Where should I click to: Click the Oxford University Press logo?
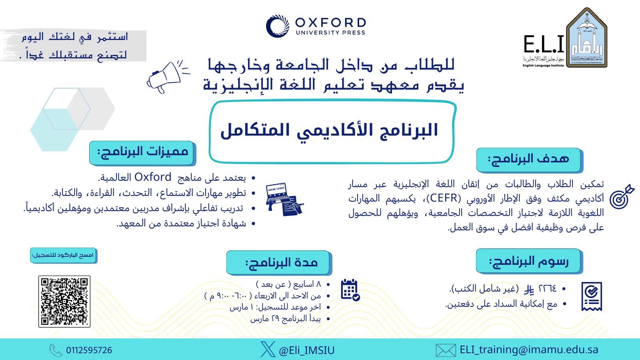click(x=316, y=26)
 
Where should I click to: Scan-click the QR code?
click(x=64, y=302)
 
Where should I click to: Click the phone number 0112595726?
click(x=89, y=350)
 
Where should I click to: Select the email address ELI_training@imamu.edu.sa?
click(x=529, y=350)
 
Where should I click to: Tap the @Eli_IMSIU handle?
click(x=306, y=350)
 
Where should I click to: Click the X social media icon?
click(x=268, y=349)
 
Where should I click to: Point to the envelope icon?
click(x=446, y=350)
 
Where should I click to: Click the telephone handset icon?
click(x=56, y=350)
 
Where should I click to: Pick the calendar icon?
click(x=350, y=290)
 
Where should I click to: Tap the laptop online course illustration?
click(x=285, y=199)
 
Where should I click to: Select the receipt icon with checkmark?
click(x=592, y=296)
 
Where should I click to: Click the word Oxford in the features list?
click(x=153, y=177)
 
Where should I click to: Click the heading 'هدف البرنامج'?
click(x=528, y=159)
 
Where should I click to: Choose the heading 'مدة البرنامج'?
click(x=282, y=262)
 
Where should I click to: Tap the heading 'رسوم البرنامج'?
click(x=528, y=261)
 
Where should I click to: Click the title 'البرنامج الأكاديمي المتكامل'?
click(x=329, y=131)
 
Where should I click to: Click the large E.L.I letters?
click(x=544, y=44)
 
